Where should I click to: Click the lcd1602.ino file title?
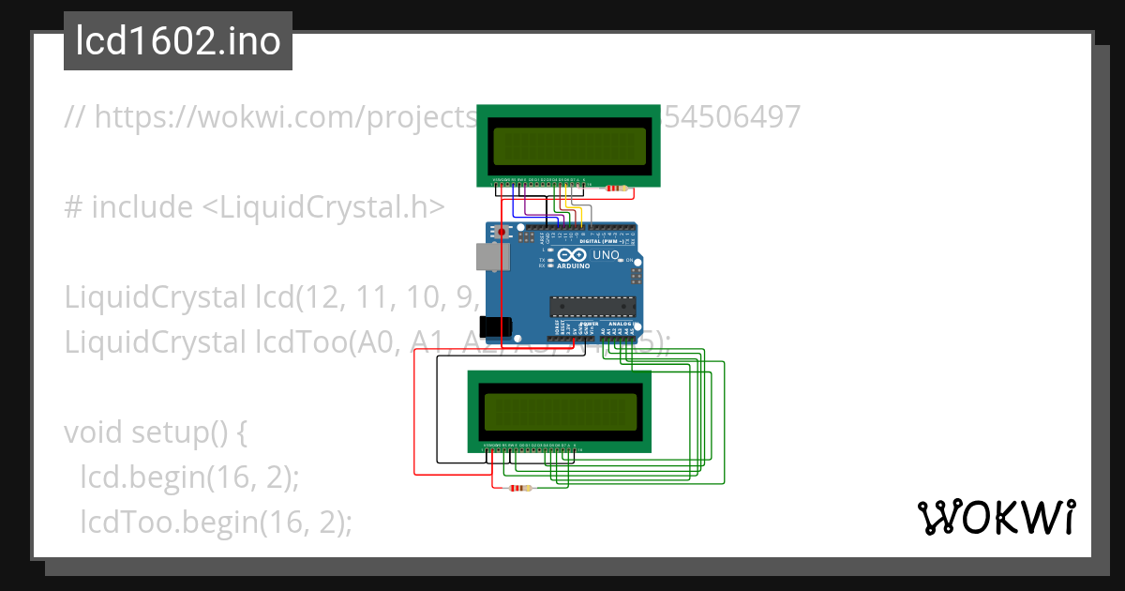pos(177,42)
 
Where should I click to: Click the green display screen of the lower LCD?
pos(560,410)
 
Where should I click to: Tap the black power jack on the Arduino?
pos(495,326)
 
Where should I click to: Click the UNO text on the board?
pos(606,255)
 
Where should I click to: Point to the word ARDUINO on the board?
pos(575,266)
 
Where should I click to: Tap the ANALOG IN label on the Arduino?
pos(619,324)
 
